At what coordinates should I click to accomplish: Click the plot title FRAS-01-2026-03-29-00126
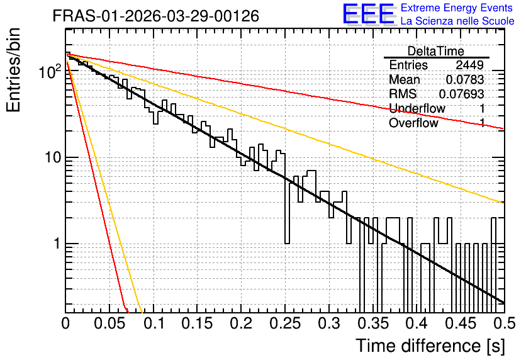(156, 16)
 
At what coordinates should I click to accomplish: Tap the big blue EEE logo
(369, 14)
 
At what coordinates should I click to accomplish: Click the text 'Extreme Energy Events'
(457, 8)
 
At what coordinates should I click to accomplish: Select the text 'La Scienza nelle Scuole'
(457, 21)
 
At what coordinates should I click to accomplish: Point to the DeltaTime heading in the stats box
(436, 51)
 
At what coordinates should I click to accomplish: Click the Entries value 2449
(469, 65)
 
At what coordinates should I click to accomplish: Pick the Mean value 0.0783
(465, 79)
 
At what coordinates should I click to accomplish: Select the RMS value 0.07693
(462, 94)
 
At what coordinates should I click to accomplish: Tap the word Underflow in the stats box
(417, 108)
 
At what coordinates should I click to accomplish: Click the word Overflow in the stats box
(413, 123)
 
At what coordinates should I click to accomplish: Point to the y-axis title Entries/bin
(13, 70)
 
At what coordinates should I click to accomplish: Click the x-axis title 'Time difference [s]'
(430, 346)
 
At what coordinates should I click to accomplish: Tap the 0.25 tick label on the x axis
(285, 323)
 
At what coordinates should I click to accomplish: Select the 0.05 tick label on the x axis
(109, 323)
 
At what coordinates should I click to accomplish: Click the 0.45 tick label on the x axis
(461, 323)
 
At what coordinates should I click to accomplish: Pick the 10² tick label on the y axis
(50, 72)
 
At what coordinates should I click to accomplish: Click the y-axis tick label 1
(57, 244)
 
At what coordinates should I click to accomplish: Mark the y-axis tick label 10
(53, 157)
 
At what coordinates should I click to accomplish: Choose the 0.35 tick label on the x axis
(373, 323)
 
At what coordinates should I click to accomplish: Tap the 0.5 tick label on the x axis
(505, 323)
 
